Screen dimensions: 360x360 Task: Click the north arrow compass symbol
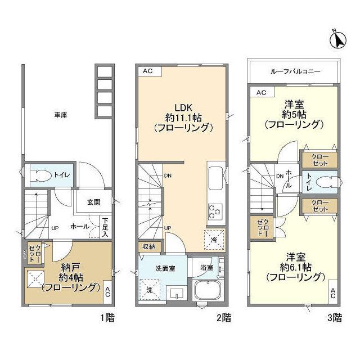click(x=338, y=39)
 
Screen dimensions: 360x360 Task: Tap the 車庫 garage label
click(x=61, y=115)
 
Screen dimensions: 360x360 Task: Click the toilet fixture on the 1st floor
click(x=40, y=175)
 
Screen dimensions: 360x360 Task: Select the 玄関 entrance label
click(x=93, y=202)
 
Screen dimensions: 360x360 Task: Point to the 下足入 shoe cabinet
click(x=105, y=227)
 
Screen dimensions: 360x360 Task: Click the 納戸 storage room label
click(x=70, y=267)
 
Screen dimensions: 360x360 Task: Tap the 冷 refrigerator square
click(x=214, y=238)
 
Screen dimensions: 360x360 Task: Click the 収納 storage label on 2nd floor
click(x=148, y=246)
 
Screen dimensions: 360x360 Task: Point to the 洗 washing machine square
click(x=149, y=290)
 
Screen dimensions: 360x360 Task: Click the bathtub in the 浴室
click(x=208, y=291)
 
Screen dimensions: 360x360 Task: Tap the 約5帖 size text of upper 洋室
click(x=294, y=114)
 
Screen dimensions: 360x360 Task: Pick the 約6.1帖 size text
click(x=295, y=266)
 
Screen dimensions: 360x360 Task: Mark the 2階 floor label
click(x=223, y=318)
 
